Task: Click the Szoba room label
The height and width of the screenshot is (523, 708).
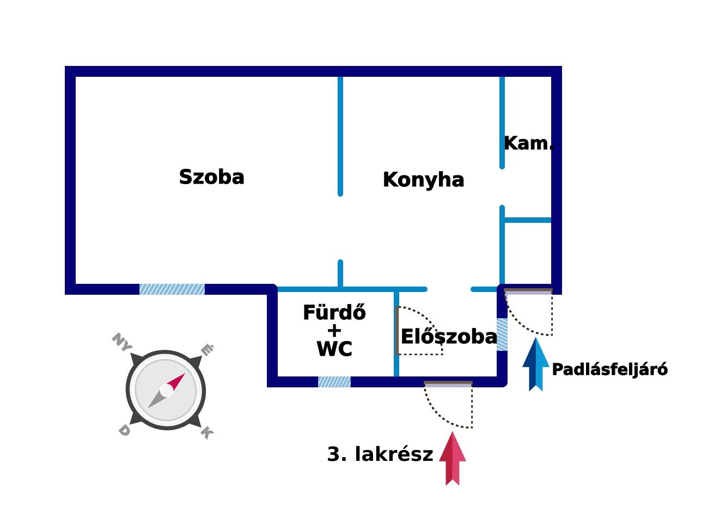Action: coord(211,177)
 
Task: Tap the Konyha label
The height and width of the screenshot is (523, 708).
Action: coord(423,180)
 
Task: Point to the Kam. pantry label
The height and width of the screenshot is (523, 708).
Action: coord(529,143)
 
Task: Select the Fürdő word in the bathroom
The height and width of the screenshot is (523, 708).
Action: coord(334,312)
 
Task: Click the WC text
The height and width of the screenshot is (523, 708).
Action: coord(334,349)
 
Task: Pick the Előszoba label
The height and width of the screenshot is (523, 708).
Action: coord(449,337)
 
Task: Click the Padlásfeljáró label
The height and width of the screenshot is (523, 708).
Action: coord(609,369)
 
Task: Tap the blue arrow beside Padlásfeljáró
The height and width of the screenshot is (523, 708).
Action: coord(536,364)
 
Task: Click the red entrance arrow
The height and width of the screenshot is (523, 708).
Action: coord(453,459)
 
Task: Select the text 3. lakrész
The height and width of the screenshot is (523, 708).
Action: coord(380,454)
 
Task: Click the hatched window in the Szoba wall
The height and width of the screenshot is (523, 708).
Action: coord(172,289)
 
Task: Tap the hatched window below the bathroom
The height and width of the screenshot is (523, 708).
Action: coord(334,382)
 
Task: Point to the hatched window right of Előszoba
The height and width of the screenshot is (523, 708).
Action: coord(502,335)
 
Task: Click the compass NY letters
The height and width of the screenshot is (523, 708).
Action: coord(121,342)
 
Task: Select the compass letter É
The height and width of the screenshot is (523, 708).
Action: coord(207,349)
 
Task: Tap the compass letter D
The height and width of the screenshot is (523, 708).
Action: coord(124,431)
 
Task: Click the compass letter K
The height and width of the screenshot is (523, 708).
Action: coord(207,433)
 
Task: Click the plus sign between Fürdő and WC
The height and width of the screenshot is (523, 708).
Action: coord(334,331)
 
